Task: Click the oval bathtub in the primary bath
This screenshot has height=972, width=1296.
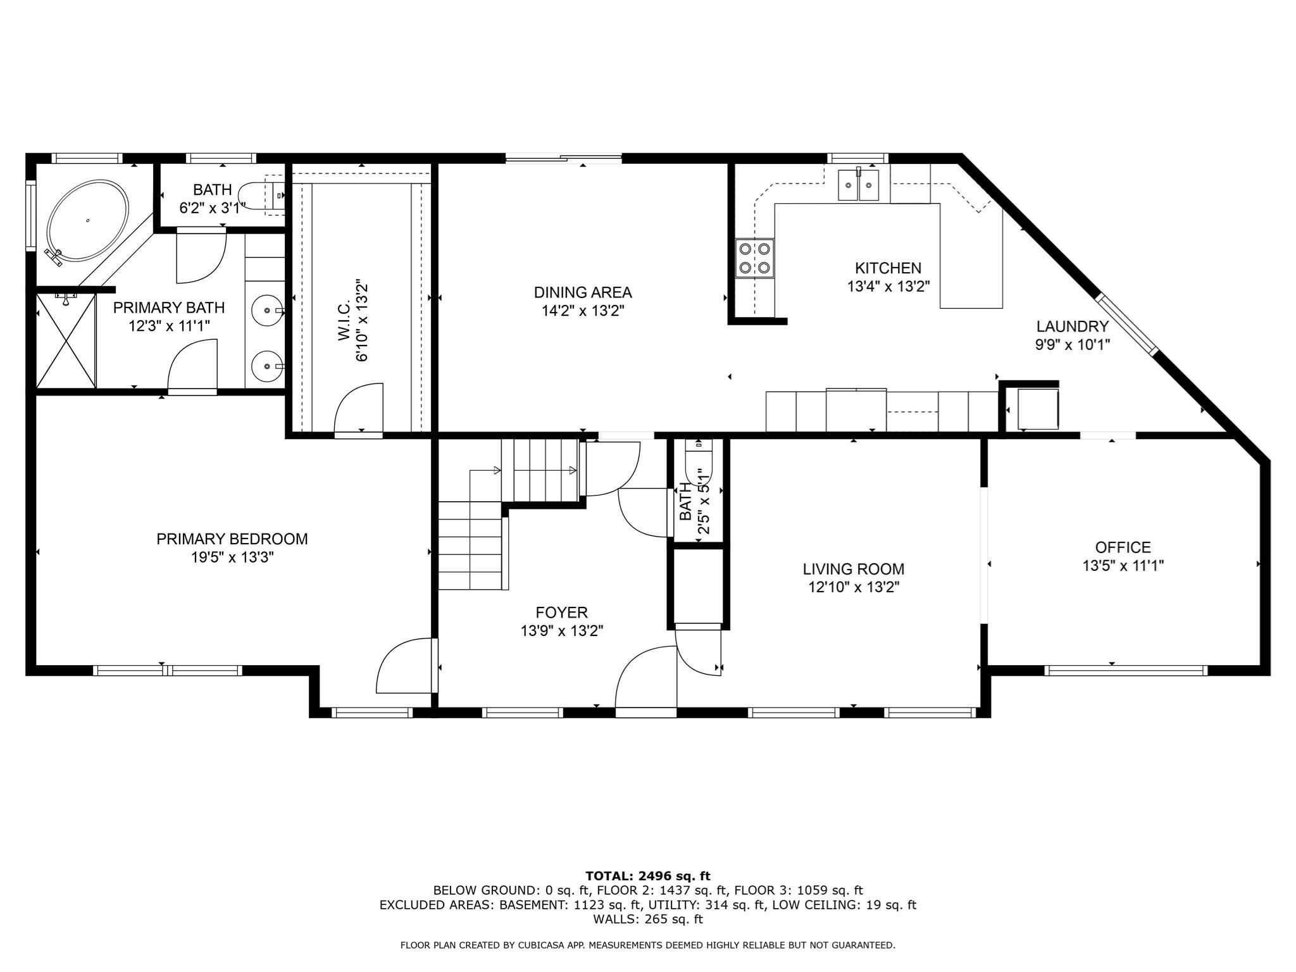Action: point(89,220)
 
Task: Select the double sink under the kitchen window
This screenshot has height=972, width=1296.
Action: point(859,185)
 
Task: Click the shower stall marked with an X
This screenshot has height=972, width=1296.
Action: point(66,341)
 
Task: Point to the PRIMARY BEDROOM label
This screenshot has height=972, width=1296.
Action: point(232,539)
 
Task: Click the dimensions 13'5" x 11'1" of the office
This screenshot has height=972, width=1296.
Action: point(1123,566)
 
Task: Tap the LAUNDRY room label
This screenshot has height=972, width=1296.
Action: point(1072,327)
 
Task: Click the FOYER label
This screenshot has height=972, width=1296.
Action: point(561,613)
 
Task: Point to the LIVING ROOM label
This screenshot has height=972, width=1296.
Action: point(853,569)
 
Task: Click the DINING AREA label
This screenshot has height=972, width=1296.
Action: point(582,292)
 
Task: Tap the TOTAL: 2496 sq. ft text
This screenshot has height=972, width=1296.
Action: point(647,876)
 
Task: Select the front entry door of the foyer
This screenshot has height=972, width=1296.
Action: point(645,680)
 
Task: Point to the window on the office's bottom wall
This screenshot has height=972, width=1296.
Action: point(1125,670)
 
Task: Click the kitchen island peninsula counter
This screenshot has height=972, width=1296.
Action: point(971,256)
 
